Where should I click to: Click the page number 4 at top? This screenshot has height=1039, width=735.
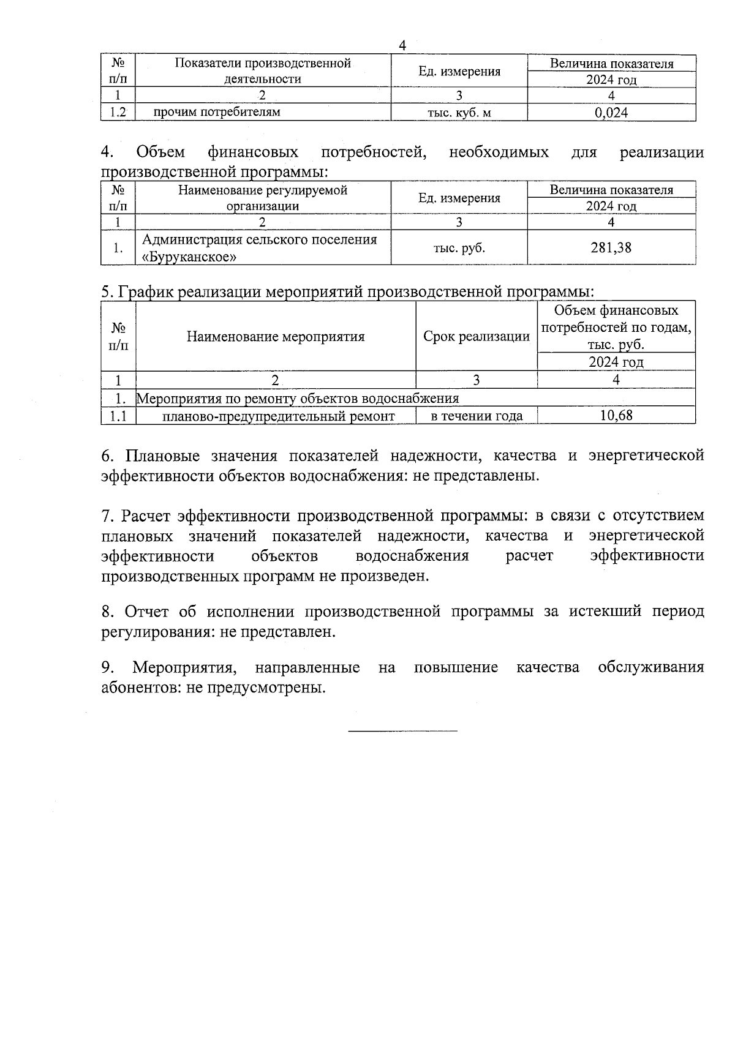pyautogui.click(x=402, y=45)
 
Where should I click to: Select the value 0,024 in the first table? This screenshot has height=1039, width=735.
pyautogui.click(x=611, y=113)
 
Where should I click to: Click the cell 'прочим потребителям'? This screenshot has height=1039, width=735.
pyautogui.click(x=216, y=112)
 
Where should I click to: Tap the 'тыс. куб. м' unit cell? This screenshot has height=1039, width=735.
pyautogui.click(x=459, y=113)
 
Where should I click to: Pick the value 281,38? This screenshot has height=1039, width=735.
pyautogui.click(x=611, y=248)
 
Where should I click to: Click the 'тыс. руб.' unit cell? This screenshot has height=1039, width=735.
pyautogui.click(x=459, y=248)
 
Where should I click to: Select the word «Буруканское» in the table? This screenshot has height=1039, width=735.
pyautogui.click(x=189, y=257)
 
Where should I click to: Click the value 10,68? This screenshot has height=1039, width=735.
pyautogui.click(x=616, y=416)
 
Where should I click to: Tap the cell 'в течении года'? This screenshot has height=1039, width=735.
pyautogui.click(x=477, y=416)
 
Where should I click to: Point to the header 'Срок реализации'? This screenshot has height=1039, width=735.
pyautogui.click(x=476, y=336)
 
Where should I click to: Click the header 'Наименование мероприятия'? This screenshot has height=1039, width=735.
pyautogui.click(x=276, y=336)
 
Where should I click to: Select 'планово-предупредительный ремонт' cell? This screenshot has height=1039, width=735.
pyautogui.click(x=279, y=416)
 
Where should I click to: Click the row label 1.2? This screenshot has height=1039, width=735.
pyautogui.click(x=117, y=113)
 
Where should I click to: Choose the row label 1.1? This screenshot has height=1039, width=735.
pyautogui.click(x=118, y=416)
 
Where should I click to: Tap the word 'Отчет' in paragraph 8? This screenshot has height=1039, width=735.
pyautogui.click(x=148, y=612)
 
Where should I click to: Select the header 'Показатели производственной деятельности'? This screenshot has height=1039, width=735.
pyautogui.click(x=263, y=71)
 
